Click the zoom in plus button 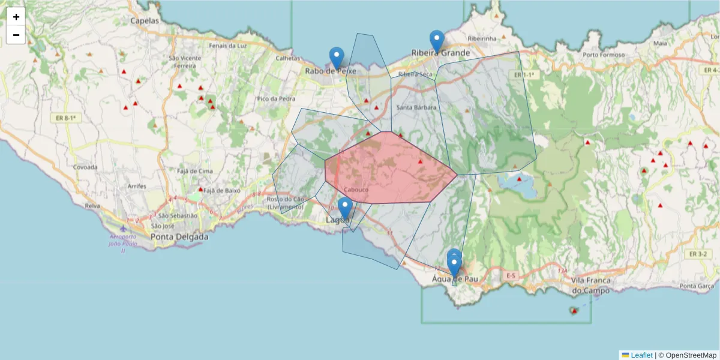point(16,17)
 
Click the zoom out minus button point(16,35)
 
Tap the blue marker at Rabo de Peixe point(337,58)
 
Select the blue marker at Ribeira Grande point(437,41)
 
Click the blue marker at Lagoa point(344,208)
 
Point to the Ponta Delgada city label point(179,237)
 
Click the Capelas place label point(145,20)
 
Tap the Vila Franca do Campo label point(590,286)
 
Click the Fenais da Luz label point(227,46)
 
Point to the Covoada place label point(85,167)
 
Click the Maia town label point(660,43)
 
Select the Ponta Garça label point(696,286)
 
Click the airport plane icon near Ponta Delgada point(123,229)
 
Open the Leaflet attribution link point(641,355)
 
